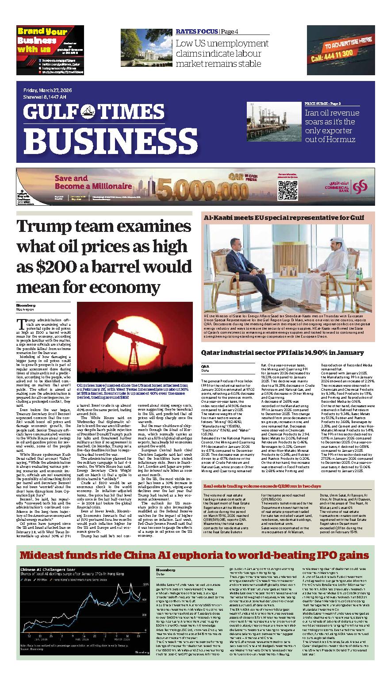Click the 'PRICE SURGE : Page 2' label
pyautogui.click(x=322, y=103)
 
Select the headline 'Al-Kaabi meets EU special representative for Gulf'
pyautogui.click(x=284, y=218)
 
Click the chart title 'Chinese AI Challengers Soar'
pyautogui.click(x=46, y=570)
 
